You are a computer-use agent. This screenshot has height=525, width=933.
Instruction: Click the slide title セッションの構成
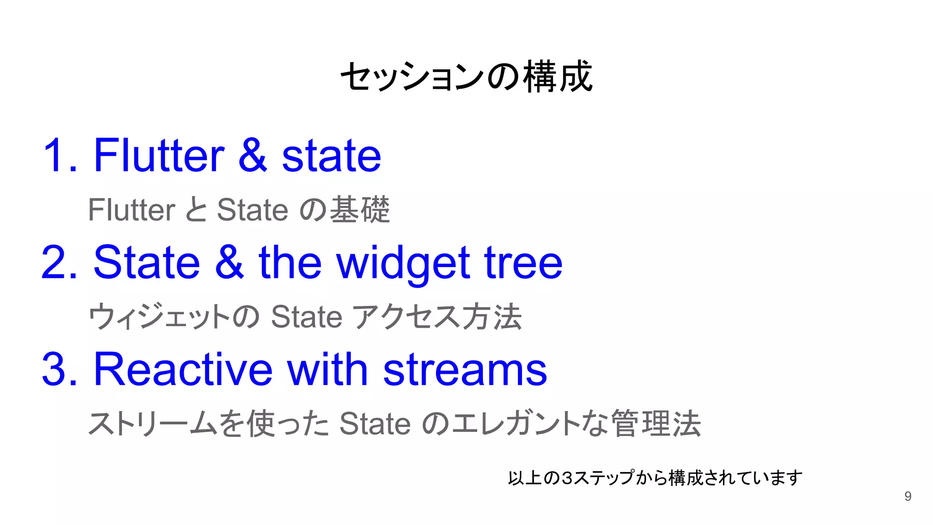pyautogui.click(x=466, y=77)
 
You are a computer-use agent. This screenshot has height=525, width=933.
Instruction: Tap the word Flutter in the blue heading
pyautogui.click(x=159, y=156)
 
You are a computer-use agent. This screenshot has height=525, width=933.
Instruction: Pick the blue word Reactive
pyautogui.click(x=183, y=370)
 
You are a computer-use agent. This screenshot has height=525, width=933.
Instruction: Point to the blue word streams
pyautogui.click(x=465, y=370)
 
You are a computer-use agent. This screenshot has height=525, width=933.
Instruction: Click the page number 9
pyautogui.click(x=907, y=496)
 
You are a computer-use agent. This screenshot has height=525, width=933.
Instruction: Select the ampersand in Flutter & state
pyautogui.click(x=252, y=156)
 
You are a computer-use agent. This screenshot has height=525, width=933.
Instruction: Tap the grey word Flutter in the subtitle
pyautogui.click(x=132, y=210)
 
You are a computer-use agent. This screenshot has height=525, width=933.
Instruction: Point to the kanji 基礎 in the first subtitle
pyautogui.click(x=360, y=210)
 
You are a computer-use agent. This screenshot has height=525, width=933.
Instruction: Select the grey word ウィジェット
pyautogui.click(x=159, y=317)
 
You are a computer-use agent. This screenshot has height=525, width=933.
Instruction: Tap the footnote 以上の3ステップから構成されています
pyautogui.click(x=655, y=478)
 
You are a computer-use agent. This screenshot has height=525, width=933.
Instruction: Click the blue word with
pyautogui.click(x=327, y=370)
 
